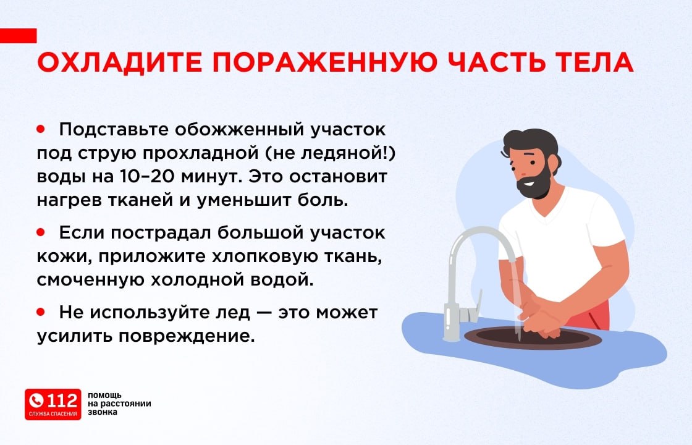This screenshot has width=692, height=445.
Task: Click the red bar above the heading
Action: coord(18,36)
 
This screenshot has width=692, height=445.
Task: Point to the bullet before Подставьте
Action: coord(41,129)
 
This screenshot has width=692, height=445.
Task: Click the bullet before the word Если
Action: coord(41,232)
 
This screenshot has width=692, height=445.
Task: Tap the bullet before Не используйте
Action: coord(41,312)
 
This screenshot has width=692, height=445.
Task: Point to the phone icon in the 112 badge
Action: coord(36,401)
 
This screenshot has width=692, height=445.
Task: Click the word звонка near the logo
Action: coord(103,412)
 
